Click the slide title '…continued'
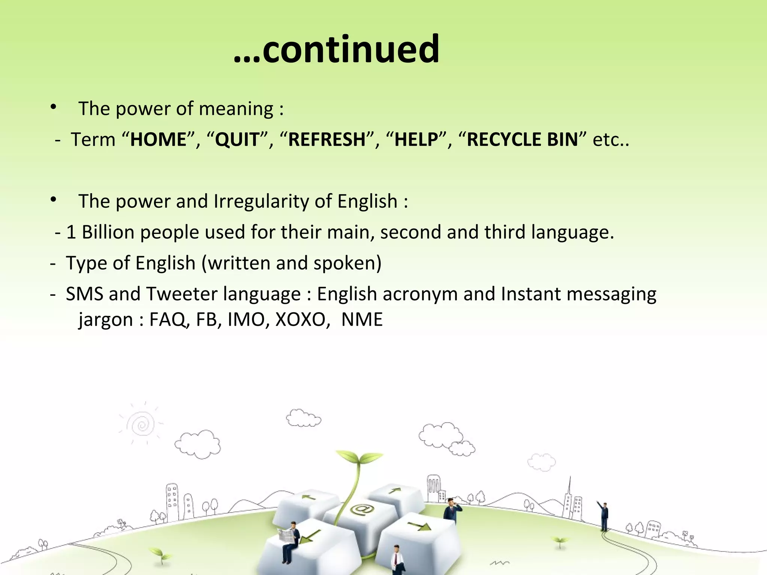click(x=336, y=49)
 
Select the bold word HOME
click(x=158, y=140)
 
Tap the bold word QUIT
click(x=237, y=140)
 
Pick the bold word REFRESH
click(x=327, y=140)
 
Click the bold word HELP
click(x=416, y=140)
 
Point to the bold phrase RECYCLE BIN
click(x=522, y=140)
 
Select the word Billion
click(x=108, y=232)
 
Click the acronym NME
click(x=362, y=320)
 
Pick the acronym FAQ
click(x=167, y=320)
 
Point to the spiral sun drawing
click(x=141, y=425)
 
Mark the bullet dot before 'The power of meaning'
click(x=54, y=108)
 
